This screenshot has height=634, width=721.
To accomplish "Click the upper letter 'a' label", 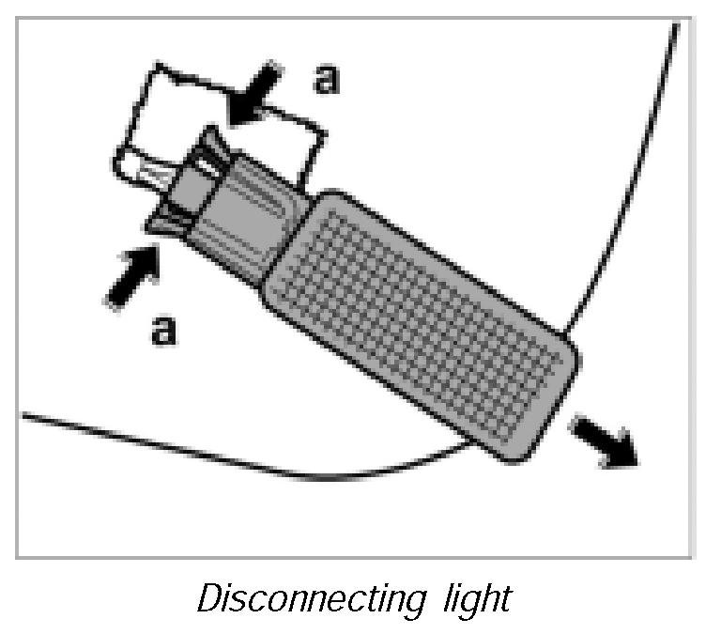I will tap(325, 79).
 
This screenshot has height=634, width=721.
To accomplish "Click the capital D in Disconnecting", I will tap(207, 597).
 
